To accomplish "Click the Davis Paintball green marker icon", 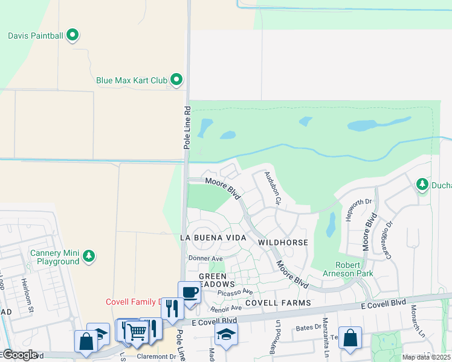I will pyautogui.click(x=73, y=35).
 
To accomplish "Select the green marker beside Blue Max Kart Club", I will pyautogui.click(x=176, y=79).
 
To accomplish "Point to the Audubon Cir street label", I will pyautogui.click(x=272, y=188).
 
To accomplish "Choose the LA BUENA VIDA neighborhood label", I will pyautogui.click(x=213, y=238).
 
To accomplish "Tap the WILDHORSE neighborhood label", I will pyautogui.click(x=283, y=242).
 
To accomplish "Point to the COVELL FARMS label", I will pyautogui.click(x=278, y=302).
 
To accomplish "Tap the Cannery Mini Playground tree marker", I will pyautogui.click(x=89, y=256).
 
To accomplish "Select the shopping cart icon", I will pyautogui.click(x=137, y=331).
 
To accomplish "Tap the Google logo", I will pyautogui.click(x=19, y=355).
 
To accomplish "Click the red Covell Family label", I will pyautogui.click(x=132, y=302).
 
